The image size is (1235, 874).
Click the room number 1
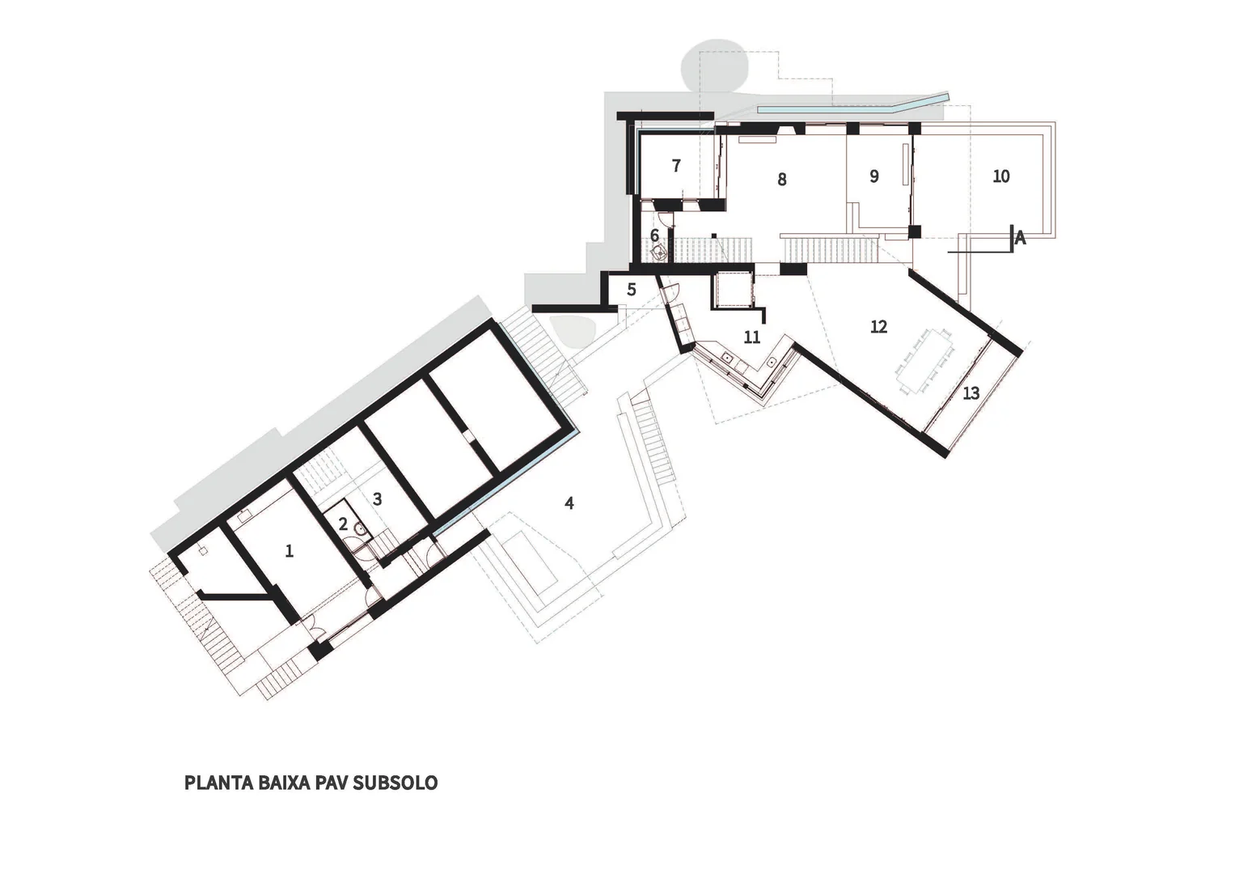point(290,550)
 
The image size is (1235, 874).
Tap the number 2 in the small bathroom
point(343,524)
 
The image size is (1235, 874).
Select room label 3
point(377,499)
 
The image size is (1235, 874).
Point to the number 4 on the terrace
point(569,503)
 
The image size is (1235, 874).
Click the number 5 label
point(632,289)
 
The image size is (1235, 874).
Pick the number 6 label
point(654,235)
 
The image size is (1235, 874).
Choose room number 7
point(676,166)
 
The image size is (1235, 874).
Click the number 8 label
point(782,180)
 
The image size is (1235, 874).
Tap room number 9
point(873,176)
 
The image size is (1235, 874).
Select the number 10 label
point(1001,176)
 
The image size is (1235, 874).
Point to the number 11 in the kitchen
point(752,337)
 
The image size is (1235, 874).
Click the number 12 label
point(879,327)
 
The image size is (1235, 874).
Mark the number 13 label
point(971,392)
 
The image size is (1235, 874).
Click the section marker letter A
point(1020,239)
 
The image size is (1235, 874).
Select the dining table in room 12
point(924,361)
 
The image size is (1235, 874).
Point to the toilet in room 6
point(658,254)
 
